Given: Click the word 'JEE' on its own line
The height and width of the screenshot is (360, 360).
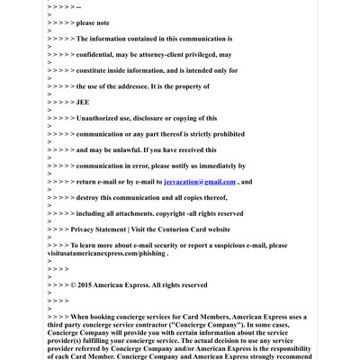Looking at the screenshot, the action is pyautogui.click(x=83, y=103).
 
